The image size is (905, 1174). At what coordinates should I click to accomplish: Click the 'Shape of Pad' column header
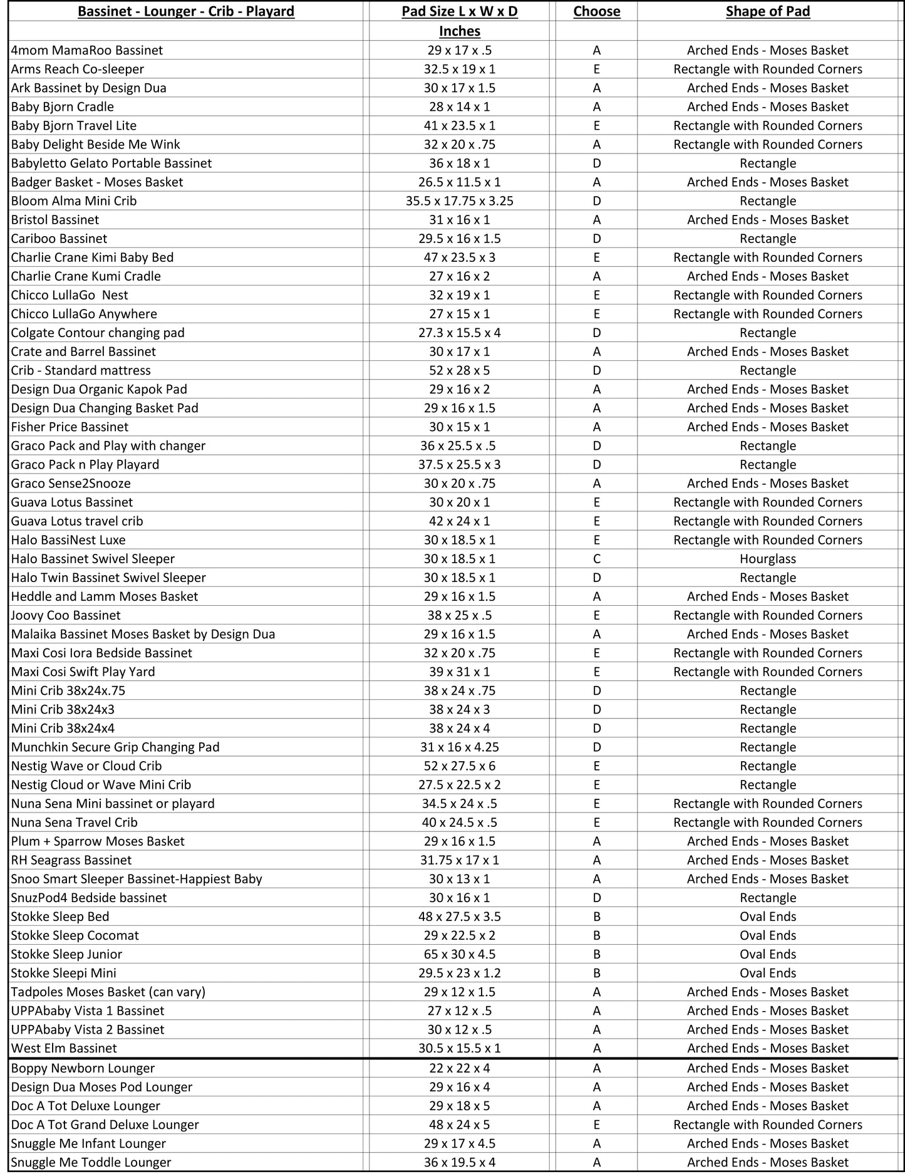coord(767,11)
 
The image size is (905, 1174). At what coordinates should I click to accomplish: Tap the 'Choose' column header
coord(596,11)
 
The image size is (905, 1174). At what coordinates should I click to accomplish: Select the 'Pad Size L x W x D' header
coord(459,11)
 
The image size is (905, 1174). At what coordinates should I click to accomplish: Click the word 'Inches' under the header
coord(459,31)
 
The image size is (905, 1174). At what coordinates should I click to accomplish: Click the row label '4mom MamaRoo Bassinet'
coord(86,50)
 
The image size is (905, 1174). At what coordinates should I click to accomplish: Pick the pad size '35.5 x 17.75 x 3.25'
coord(459,201)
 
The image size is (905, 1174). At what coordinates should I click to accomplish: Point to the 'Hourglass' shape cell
coord(767,559)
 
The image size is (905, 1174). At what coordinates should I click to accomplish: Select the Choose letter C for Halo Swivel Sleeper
coord(596,559)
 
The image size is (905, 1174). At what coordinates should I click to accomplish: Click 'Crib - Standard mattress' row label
coord(81,370)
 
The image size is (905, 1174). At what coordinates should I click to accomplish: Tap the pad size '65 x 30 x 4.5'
coord(459,954)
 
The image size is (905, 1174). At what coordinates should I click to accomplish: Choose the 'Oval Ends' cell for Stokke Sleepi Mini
coord(767,973)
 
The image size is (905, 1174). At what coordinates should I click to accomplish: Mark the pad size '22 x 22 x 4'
coord(459,1068)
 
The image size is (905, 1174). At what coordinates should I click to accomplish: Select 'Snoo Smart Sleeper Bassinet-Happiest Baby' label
coord(136,879)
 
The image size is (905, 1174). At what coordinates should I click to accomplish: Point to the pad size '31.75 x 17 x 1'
coord(459,860)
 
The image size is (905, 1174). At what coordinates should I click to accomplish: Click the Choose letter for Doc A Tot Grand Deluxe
coord(596,1125)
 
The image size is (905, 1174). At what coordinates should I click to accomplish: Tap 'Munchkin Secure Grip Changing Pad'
coord(115,747)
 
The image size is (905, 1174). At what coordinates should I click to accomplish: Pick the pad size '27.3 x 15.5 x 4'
coord(459,333)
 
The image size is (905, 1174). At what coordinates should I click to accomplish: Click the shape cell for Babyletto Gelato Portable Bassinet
coord(767,164)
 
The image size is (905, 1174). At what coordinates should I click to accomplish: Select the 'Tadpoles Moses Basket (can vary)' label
coord(108,992)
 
